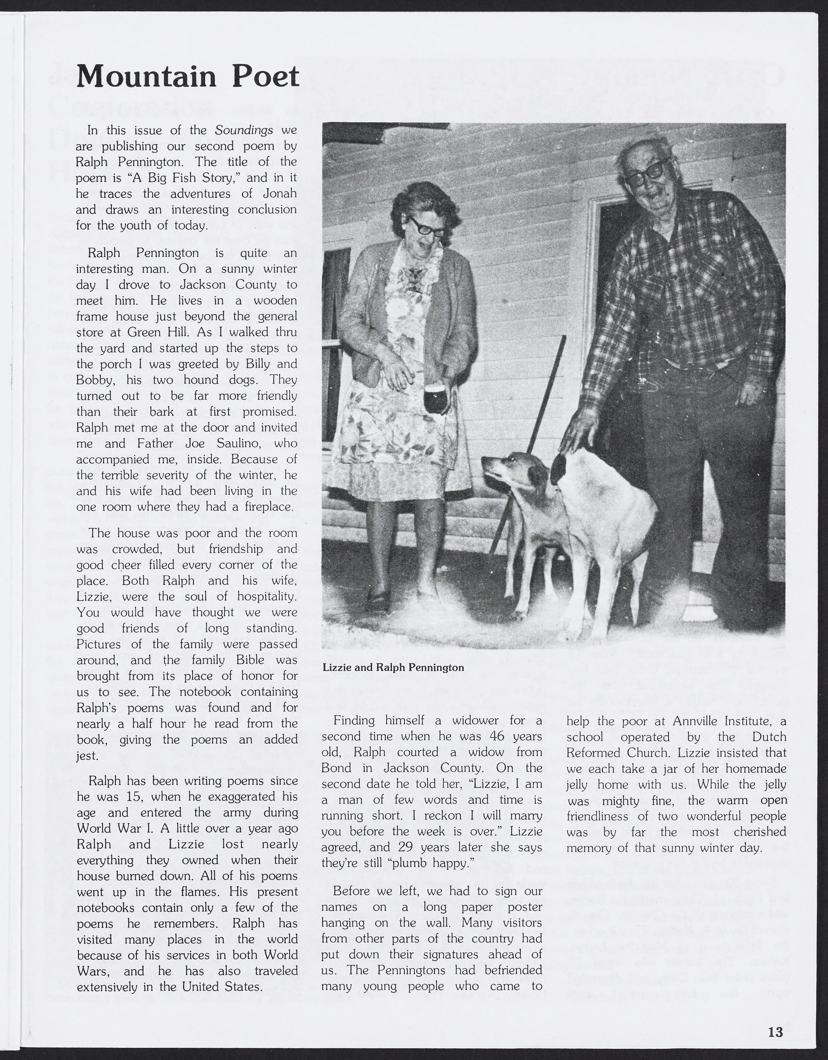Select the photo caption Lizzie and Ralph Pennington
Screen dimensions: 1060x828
[x=393, y=667]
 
